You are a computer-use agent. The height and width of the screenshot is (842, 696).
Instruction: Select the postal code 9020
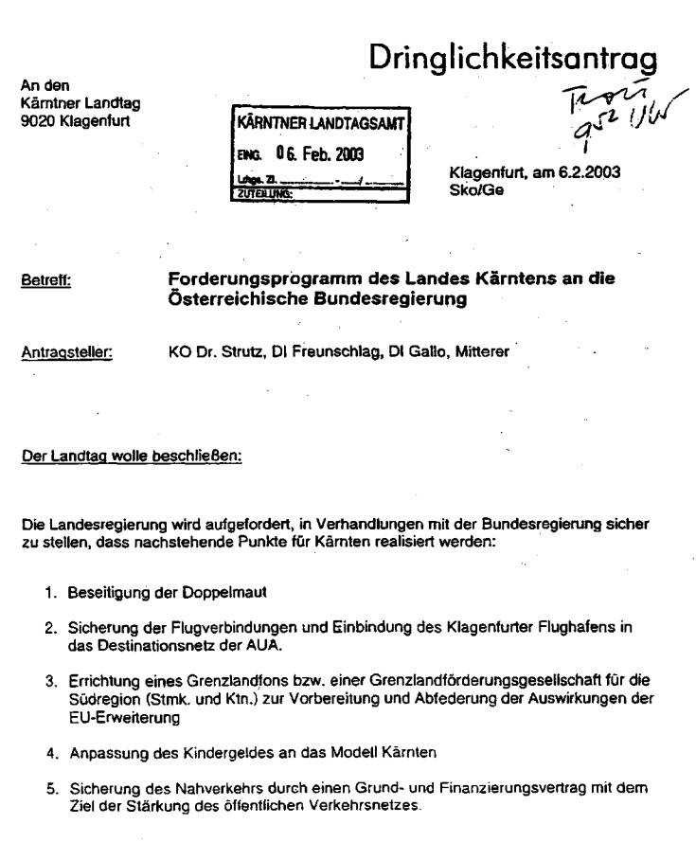pos(35,122)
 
